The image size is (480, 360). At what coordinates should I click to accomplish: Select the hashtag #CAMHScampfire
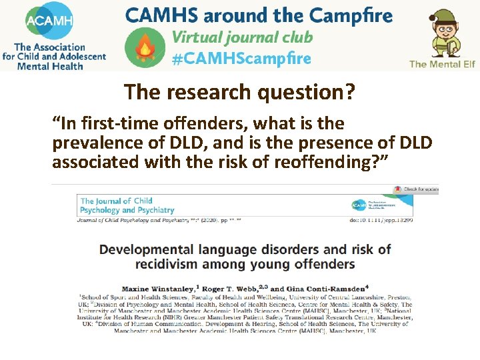click(x=241, y=59)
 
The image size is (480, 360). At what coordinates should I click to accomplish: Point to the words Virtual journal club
click(x=242, y=37)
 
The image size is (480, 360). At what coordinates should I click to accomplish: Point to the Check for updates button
click(x=417, y=189)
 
